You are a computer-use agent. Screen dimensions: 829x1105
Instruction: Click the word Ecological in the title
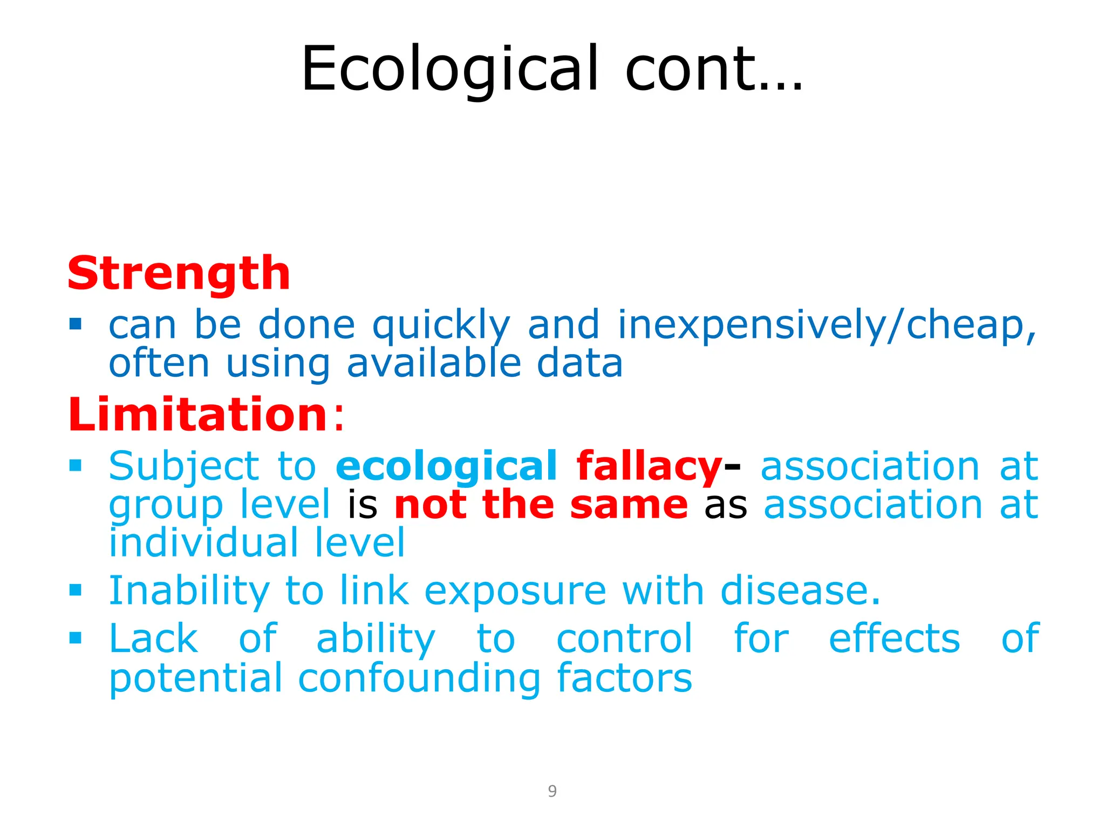pos(449,69)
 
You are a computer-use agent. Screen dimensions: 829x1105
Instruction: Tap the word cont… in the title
pos(713,69)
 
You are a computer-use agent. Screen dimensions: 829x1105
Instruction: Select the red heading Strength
pos(179,273)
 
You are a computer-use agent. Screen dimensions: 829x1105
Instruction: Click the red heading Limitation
pos(197,414)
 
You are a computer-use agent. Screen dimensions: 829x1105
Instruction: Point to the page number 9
pos(552,791)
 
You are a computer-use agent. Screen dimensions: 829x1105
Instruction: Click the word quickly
pos(441,326)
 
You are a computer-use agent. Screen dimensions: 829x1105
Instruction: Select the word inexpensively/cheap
pos(826,325)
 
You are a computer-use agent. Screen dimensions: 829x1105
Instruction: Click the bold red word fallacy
pos(649,466)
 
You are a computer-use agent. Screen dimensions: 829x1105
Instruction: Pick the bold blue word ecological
pos(446,467)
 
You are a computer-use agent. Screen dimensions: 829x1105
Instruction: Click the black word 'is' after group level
pos(362,505)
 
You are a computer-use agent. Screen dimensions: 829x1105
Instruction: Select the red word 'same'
pos(629,505)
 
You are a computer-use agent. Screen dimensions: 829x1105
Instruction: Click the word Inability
pos(189,591)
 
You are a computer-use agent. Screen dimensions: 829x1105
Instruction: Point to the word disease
pos(800,590)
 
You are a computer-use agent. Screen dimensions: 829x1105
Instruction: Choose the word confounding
pos(419,678)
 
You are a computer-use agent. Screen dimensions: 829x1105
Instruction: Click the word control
pos(624,639)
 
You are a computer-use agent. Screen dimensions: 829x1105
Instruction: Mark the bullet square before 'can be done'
pos(76,324)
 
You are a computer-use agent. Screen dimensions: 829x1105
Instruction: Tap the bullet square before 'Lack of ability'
pos(76,638)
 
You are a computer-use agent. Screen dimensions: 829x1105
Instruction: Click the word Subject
pos(184,467)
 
